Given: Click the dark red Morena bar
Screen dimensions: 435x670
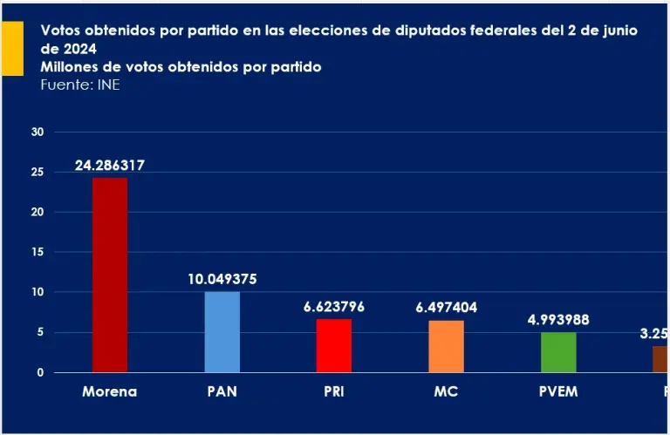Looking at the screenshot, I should (x=110, y=275).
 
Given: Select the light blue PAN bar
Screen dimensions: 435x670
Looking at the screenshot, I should (x=222, y=332).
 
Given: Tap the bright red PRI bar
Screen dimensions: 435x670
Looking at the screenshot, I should (x=334, y=345).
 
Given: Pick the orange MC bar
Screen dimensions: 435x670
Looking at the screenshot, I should (x=447, y=346).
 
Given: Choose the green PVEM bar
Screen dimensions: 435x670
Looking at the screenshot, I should (x=558, y=352).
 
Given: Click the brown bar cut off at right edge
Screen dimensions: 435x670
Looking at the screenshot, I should (x=660, y=359).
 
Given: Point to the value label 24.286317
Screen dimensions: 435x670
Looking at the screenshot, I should (x=109, y=166).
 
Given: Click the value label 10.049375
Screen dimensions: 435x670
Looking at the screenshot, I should (x=222, y=280).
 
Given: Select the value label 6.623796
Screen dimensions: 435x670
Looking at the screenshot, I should (x=334, y=307).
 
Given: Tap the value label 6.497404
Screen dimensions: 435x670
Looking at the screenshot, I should (x=447, y=308).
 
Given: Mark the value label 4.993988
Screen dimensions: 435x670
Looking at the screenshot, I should (x=558, y=320).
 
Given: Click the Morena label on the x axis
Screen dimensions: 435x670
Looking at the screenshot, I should (x=110, y=391).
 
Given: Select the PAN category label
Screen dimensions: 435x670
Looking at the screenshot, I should (x=222, y=391).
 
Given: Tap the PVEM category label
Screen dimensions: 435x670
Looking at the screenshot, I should (x=558, y=391).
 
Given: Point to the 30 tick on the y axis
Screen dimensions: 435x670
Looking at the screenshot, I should (x=37, y=132).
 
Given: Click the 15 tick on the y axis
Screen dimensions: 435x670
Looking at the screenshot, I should (x=37, y=252).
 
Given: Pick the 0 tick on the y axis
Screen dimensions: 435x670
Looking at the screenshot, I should (x=39, y=372).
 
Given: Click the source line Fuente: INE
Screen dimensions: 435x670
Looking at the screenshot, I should (x=80, y=85).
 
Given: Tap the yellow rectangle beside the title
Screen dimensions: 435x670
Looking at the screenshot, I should (x=12, y=49).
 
